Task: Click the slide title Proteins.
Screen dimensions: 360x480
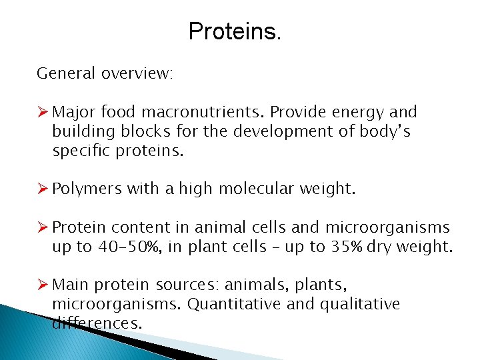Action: [x=235, y=31]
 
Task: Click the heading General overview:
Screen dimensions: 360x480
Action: [x=105, y=73]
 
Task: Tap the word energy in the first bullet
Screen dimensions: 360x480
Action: [x=357, y=112]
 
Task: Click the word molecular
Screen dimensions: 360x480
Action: [x=253, y=189]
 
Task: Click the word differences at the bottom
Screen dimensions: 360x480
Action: [x=97, y=323]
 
